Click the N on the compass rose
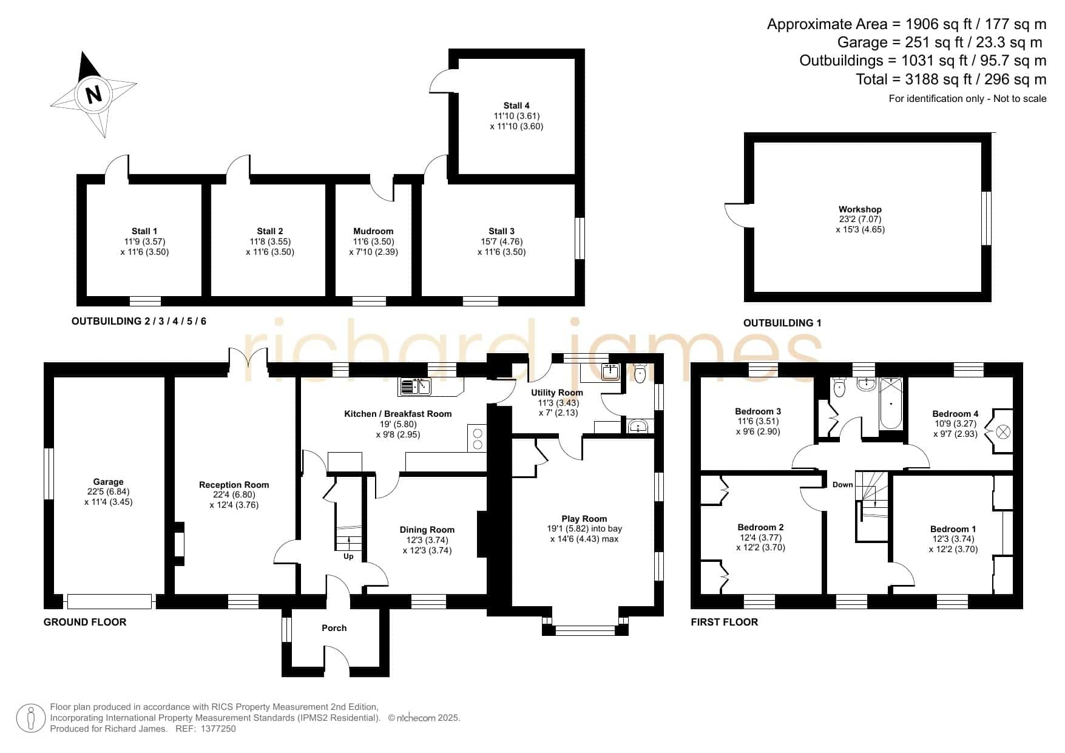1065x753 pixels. (x=93, y=95)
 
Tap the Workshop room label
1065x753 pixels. (x=860, y=209)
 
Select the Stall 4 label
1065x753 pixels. (x=516, y=106)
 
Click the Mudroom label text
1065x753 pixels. (x=373, y=231)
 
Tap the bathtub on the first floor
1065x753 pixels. (x=891, y=403)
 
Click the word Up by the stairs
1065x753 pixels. (x=348, y=556)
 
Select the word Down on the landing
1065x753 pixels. (x=842, y=485)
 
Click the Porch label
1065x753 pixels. (x=334, y=628)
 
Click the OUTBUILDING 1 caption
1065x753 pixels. (x=782, y=323)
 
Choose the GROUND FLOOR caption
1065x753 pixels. (x=85, y=622)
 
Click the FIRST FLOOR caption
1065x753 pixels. (x=725, y=622)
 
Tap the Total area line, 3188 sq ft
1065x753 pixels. (x=951, y=79)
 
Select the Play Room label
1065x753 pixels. (x=584, y=519)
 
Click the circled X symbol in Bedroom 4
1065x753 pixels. (x=1002, y=432)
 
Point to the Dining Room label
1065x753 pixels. (x=427, y=530)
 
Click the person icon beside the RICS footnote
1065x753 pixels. (x=31, y=718)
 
